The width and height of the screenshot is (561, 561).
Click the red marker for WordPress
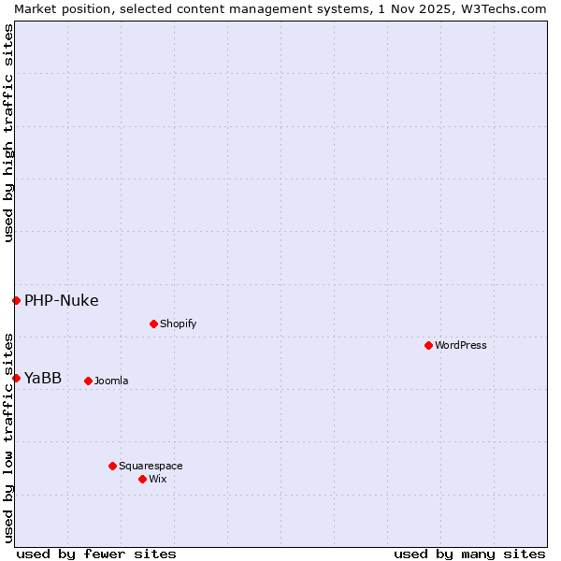tap(428, 345)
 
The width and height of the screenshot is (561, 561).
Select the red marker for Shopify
tap(153, 324)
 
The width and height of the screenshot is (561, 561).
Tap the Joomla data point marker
tap(88, 381)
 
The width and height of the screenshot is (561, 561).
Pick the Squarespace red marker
tap(112, 466)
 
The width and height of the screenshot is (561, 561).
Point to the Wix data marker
tap(142, 479)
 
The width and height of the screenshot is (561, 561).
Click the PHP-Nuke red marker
tap(16, 300)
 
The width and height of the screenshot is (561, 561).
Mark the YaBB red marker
tap(16, 378)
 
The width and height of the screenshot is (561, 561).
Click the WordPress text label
tap(461, 345)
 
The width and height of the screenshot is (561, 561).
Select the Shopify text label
tap(178, 324)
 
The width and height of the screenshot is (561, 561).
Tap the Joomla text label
tap(111, 381)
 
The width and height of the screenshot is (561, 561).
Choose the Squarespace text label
tap(151, 466)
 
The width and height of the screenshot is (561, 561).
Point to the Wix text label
tap(158, 479)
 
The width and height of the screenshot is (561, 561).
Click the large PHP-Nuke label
tap(62, 300)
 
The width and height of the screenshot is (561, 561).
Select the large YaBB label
tap(43, 378)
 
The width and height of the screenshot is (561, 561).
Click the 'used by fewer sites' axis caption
tap(96, 554)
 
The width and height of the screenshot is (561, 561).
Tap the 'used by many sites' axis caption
tap(469, 554)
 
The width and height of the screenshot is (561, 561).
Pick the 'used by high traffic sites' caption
tap(8, 133)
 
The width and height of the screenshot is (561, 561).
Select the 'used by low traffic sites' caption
tap(8, 437)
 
